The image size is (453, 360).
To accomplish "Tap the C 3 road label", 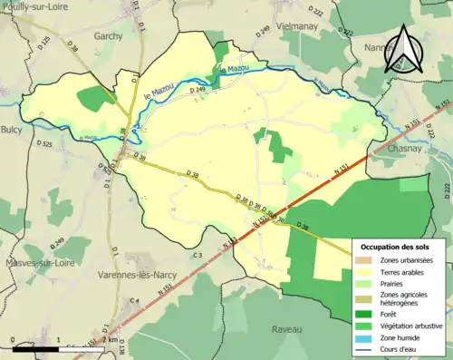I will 197,256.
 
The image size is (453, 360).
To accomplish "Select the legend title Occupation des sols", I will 397,247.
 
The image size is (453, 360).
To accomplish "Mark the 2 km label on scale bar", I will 107,353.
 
